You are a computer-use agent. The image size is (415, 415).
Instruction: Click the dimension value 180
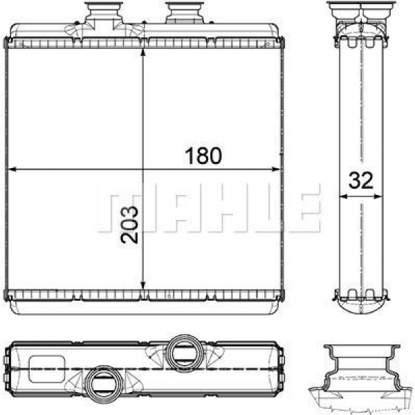click(203, 156)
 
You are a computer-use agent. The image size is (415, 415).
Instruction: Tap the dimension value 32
click(360, 181)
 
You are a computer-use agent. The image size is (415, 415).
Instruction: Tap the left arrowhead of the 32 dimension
click(340, 196)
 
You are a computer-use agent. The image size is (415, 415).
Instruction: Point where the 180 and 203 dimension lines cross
click(142, 169)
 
